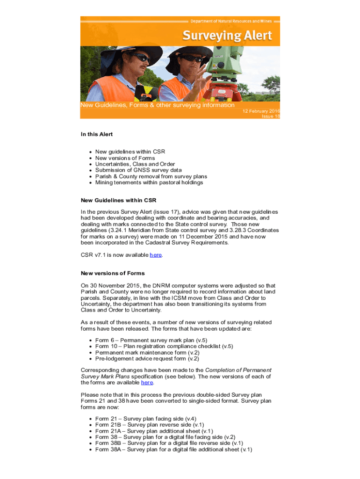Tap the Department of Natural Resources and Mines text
click(235, 21)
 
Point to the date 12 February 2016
click(260, 111)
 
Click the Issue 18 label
click(271, 116)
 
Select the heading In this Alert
click(97, 134)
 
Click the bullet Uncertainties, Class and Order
click(135, 164)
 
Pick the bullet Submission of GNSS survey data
click(138, 170)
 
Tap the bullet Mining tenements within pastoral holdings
click(149, 182)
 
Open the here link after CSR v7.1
click(156, 255)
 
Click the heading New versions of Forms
click(113, 273)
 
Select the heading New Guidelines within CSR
click(118, 200)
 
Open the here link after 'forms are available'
click(147, 382)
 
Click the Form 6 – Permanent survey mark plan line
click(151, 340)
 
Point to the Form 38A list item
click(173, 450)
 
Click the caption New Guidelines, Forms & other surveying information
click(158, 105)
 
